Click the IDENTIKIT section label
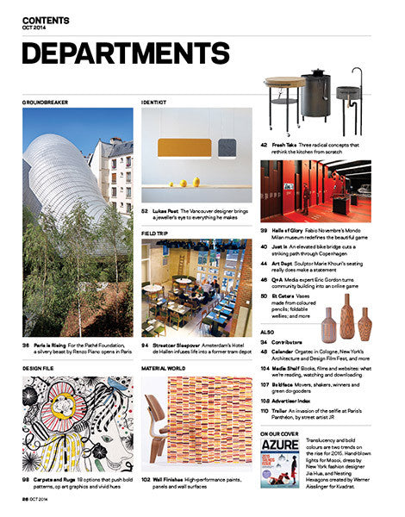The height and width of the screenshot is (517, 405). coord(155,102)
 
